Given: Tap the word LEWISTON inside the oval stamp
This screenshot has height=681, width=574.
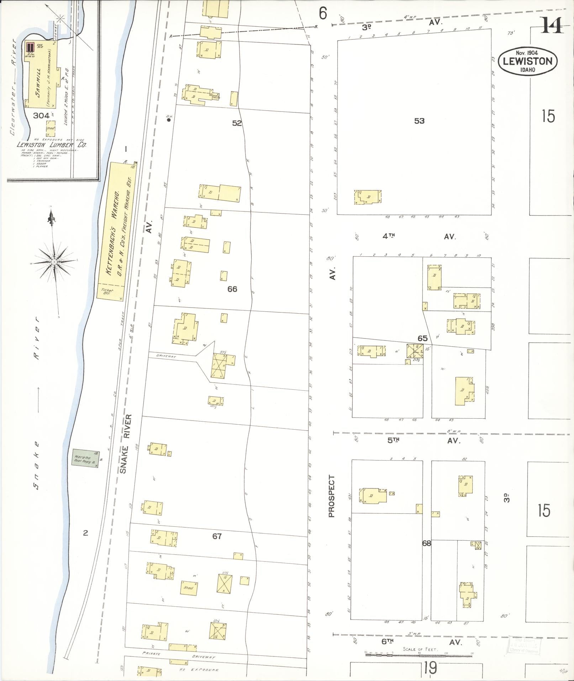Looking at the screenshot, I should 527,61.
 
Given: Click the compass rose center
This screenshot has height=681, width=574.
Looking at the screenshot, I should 54,262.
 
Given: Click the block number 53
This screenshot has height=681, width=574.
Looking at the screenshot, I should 419,121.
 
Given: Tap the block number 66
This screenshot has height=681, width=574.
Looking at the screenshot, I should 232,289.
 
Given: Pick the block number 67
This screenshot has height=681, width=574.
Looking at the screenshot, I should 217,536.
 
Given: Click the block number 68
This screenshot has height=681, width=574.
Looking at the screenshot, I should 426,544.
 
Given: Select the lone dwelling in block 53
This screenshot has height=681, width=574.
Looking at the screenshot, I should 368,197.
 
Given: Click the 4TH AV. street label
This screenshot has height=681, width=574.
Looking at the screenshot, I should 420,236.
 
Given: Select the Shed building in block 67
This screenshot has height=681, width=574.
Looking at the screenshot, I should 189,588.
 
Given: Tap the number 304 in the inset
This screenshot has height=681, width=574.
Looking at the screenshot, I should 41,115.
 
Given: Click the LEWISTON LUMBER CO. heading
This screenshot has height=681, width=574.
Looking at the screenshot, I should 52,145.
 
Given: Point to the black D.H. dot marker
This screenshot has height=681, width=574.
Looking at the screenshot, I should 169,120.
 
